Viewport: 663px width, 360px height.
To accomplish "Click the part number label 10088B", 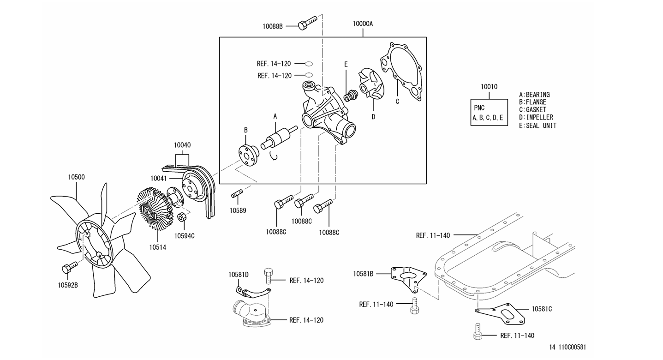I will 273,26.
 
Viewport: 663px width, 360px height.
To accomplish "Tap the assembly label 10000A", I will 363,24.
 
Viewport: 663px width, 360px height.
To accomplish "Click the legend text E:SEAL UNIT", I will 538,126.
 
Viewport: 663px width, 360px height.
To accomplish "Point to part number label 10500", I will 76,177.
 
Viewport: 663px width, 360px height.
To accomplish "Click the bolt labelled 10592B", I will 70,267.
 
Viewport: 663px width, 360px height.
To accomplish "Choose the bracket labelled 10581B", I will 408,277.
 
